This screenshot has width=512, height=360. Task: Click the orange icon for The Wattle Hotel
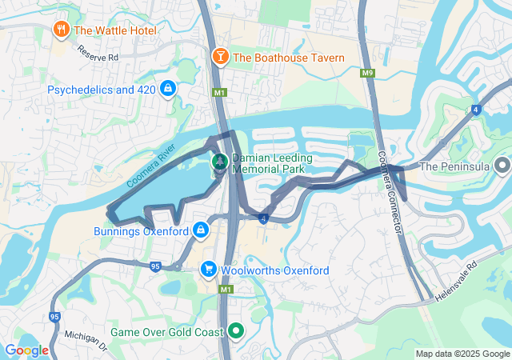(62, 30)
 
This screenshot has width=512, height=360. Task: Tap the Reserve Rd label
(98, 53)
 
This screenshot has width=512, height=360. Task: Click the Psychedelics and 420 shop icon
(167, 89)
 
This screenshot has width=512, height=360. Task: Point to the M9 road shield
(367, 74)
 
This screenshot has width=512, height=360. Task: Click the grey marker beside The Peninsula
(502, 166)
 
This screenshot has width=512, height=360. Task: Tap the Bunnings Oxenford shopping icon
(200, 232)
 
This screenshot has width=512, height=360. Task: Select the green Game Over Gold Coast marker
(236, 330)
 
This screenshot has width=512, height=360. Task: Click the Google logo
(26, 350)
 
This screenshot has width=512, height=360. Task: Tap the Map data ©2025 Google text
(462, 354)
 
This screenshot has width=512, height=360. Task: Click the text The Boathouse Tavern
(289, 58)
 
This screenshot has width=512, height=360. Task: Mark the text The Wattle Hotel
(114, 30)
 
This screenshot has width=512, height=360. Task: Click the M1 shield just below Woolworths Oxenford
(226, 289)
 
